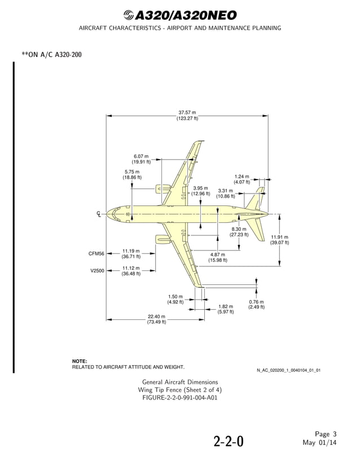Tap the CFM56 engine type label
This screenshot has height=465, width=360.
[x=96, y=254]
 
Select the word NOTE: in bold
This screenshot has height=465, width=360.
[x=80, y=361]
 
